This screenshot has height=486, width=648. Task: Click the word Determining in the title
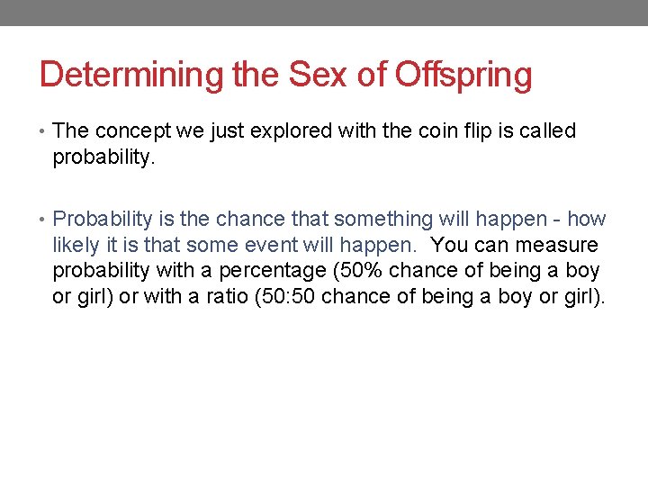(x=132, y=75)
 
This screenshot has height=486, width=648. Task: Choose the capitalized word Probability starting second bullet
(x=102, y=220)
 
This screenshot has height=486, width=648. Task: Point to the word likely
(x=76, y=246)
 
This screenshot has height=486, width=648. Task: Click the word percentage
(x=274, y=271)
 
